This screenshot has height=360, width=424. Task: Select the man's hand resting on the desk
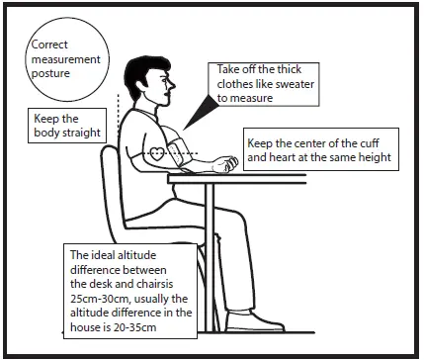[x=225, y=160]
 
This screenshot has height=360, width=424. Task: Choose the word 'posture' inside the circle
[x=52, y=74]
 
